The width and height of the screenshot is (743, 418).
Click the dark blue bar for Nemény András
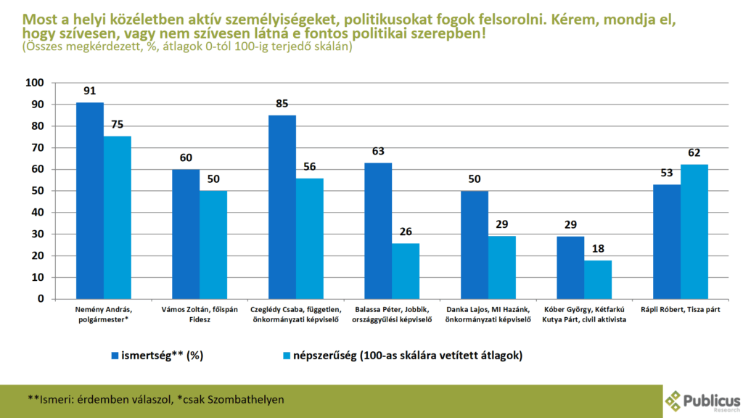point(90,200)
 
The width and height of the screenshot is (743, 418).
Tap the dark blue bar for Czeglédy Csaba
point(282,207)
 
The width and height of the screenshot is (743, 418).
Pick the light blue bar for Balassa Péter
point(406,271)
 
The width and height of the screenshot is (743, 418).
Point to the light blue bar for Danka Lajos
point(501,267)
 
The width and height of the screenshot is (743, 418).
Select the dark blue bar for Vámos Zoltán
point(186,234)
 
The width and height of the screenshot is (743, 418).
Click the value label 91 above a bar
point(90,92)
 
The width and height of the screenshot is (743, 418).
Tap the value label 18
point(598,249)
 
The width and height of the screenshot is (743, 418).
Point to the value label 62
point(694,153)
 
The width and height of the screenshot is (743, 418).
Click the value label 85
point(282,104)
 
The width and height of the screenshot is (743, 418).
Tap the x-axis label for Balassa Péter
point(392,314)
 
